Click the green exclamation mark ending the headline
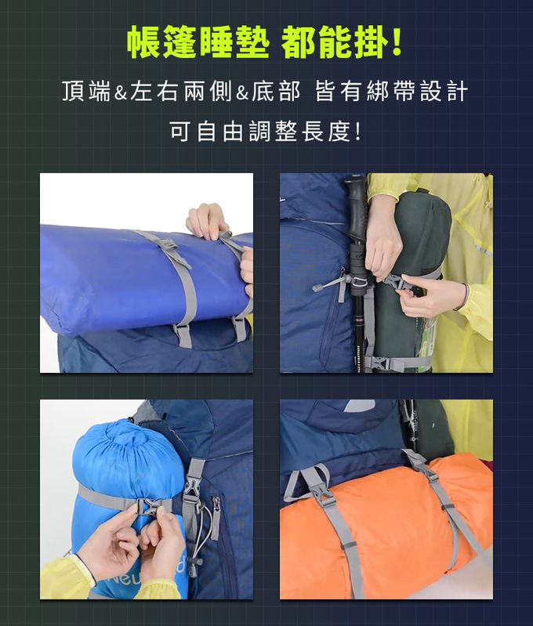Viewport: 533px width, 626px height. pyautogui.click(x=397, y=43)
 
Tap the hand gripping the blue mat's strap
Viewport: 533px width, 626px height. pyautogui.click(x=208, y=222)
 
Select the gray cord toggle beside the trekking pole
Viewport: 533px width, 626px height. pyautogui.click(x=328, y=284)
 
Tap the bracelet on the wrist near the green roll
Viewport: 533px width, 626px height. pyautogui.click(x=466, y=297)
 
